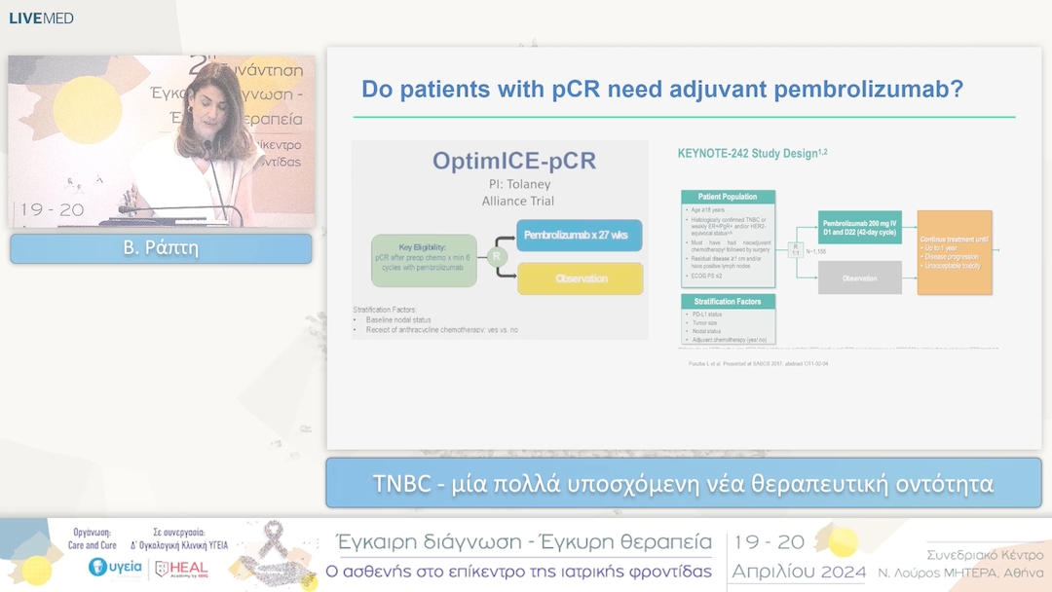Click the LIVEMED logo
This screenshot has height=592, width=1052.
pos(41,18)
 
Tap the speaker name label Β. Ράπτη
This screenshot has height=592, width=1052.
pos(161,248)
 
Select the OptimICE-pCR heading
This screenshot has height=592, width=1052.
pos(502,162)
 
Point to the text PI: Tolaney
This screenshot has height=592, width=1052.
pos(502,184)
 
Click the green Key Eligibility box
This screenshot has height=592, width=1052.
pos(424,260)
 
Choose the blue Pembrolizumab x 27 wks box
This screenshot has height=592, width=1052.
pos(580,236)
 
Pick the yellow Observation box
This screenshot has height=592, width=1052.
pos(580,279)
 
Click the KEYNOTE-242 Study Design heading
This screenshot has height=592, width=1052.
pos(752,153)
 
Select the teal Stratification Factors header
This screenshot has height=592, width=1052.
pos(729,302)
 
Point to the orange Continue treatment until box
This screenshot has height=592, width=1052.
pos(955,252)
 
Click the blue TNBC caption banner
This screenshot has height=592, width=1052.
pos(683,483)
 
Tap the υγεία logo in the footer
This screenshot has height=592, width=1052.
pos(115,567)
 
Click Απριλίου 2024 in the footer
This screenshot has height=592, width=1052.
pos(799,571)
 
